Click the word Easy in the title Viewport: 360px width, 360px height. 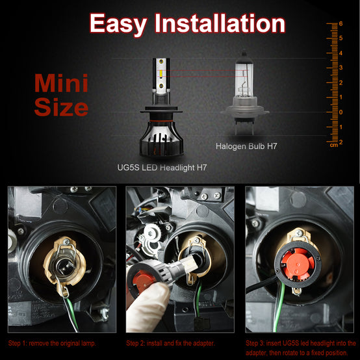(118, 24)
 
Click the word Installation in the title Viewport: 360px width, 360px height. (220, 23)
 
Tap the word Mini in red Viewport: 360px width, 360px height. (61, 83)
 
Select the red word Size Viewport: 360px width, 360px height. (61, 107)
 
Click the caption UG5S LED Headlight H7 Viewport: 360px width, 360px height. (162, 168)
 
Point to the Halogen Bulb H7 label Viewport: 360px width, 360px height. (246, 146)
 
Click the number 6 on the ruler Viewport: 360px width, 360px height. (341, 23)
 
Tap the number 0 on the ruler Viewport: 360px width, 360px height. (341, 112)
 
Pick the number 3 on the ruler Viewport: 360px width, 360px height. (341, 68)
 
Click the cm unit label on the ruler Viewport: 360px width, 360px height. (334, 145)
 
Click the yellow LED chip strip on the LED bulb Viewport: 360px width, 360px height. (161, 73)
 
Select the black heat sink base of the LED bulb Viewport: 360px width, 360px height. (162, 138)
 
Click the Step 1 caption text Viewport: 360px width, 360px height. (52, 344)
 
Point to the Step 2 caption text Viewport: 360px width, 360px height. (171, 344)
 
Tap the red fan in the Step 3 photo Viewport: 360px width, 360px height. (298, 264)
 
